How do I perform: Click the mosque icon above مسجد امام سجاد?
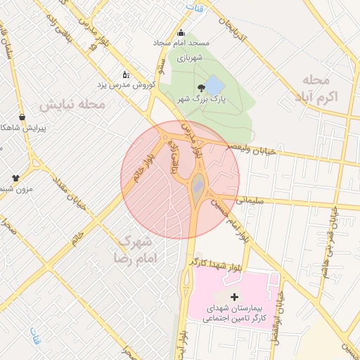[x=181, y=32]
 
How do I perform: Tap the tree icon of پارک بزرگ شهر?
[x=202, y=88]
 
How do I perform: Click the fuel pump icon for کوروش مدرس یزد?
[x=126, y=74]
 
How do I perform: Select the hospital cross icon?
[x=234, y=297]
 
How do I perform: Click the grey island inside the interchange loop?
[x=199, y=186]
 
